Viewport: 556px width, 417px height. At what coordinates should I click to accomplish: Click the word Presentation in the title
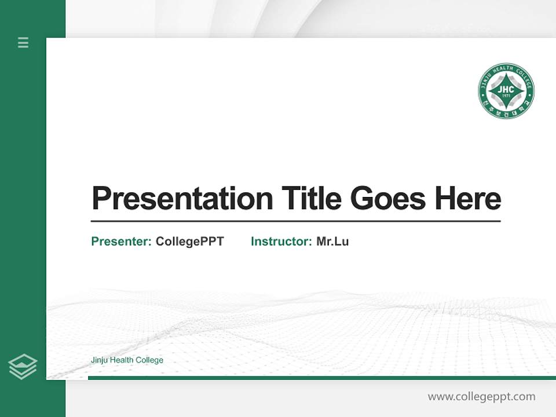click(x=182, y=199)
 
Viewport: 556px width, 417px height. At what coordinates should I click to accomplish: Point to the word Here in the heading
click(x=467, y=199)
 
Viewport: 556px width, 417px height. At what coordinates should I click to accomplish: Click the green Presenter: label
click(x=122, y=242)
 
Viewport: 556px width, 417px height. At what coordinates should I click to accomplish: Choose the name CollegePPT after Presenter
click(x=189, y=242)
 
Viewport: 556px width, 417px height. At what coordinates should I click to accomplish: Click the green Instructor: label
click(x=281, y=242)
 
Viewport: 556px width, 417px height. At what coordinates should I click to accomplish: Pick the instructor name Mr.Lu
click(x=332, y=242)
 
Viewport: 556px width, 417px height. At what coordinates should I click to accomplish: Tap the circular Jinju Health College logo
click(x=506, y=91)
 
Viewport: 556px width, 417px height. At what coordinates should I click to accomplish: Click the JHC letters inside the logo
click(x=506, y=90)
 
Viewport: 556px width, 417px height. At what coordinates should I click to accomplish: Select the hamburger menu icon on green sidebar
click(x=23, y=42)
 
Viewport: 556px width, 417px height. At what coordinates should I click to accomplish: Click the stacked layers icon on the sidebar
click(x=23, y=367)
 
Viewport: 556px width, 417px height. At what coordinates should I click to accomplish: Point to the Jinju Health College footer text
click(x=127, y=360)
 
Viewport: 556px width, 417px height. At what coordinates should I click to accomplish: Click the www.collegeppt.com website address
click(x=481, y=397)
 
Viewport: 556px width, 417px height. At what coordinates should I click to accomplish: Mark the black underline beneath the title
click(x=295, y=221)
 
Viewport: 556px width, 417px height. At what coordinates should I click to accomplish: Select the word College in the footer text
click(x=150, y=360)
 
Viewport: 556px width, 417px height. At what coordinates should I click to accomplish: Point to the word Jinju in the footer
click(x=99, y=360)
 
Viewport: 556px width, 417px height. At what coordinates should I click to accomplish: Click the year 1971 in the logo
click(x=506, y=97)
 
